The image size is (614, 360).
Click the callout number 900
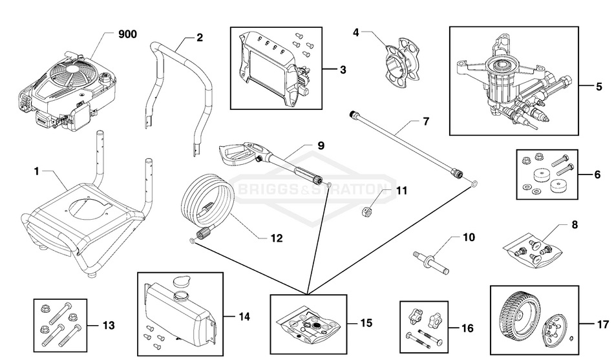127,35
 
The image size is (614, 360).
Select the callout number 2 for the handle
200,37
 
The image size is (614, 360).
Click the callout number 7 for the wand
425,121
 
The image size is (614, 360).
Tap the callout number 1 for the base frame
37,171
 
